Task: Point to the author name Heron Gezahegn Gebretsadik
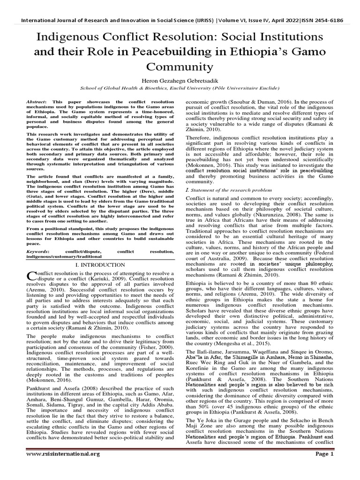click(x=180, y=81)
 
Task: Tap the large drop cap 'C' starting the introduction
click(x=32, y=276)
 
